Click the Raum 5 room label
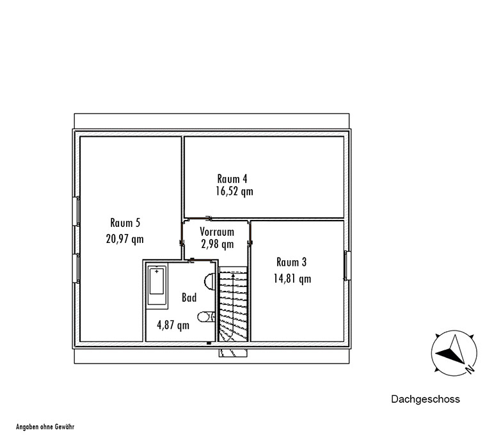(x=125, y=222)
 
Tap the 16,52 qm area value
(x=234, y=191)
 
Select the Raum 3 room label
(x=291, y=262)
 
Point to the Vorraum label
(x=217, y=232)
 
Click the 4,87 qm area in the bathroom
(x=173, y=325)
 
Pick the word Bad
(x=189, y=297)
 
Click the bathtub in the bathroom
(x=157, y=286)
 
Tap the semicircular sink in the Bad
(x=210, y=281)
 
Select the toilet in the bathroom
(x=207, y=316)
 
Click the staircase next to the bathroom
(x=233, y=304)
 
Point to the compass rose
(x=454, y=353)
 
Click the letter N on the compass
(x=470, y=369)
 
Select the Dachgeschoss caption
(x=426, y=399)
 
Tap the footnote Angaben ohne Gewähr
(x=45, y=427)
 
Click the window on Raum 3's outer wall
(x=347, y=265)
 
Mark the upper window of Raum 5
(x=76, y=211)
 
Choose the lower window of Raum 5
(x=76, y=269)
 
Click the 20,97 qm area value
(x=125, y=239)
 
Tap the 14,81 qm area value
(x=292, y=279)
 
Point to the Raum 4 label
(x=232, y=179)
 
